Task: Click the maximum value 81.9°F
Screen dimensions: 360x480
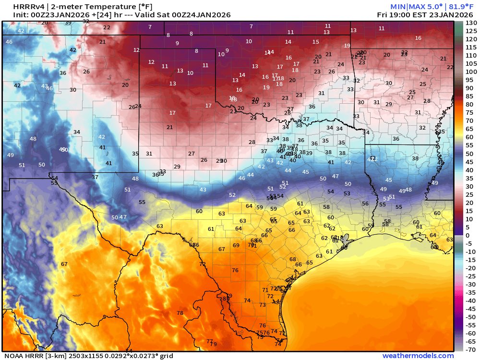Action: coord(461,7)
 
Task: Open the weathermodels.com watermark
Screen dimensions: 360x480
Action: coord(418,356)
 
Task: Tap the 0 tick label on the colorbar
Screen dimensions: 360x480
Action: coord(468,235)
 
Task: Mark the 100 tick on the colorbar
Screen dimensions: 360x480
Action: coord(470,72)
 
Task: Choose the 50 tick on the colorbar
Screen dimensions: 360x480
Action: coord(469,153)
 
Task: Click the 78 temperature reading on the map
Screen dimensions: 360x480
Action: coord(180,313)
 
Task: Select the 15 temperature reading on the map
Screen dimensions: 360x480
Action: coord(315,42)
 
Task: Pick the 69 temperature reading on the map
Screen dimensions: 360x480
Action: coord(236,245)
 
